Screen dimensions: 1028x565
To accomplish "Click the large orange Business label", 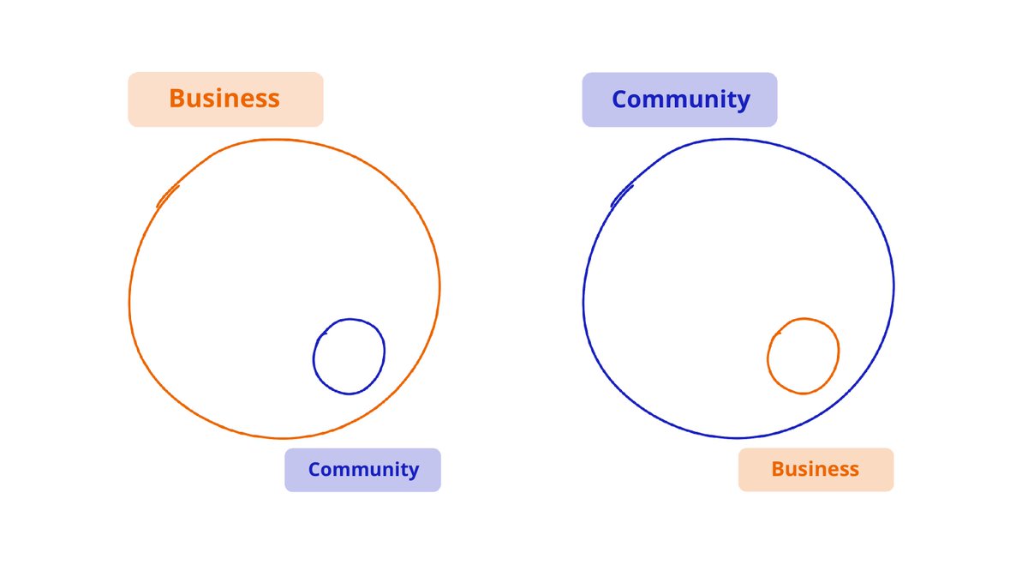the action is (x=225, y=99).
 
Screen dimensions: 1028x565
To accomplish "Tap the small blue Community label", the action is (x=362, y=470).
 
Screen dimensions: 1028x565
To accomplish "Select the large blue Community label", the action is (x=679, y=99).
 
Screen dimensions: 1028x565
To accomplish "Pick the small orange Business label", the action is (x=816, y=470).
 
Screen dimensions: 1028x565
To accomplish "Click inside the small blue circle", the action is (x=349, y=357).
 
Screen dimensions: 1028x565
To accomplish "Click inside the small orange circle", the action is (x=803, y=357).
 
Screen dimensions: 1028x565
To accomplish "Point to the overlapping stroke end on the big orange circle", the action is (x=167, y=196).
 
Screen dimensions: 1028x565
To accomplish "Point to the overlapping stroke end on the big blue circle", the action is (x=621, y=196).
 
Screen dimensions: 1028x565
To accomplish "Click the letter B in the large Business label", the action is (x=177, y=99).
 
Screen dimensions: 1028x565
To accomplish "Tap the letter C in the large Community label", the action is (x=621, y=99).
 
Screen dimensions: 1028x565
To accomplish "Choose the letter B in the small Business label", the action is (x=778, y=470).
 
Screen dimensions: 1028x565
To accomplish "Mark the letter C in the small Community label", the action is (x=315, y=470).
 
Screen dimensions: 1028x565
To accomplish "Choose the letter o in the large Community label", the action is (x=640, y=101).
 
